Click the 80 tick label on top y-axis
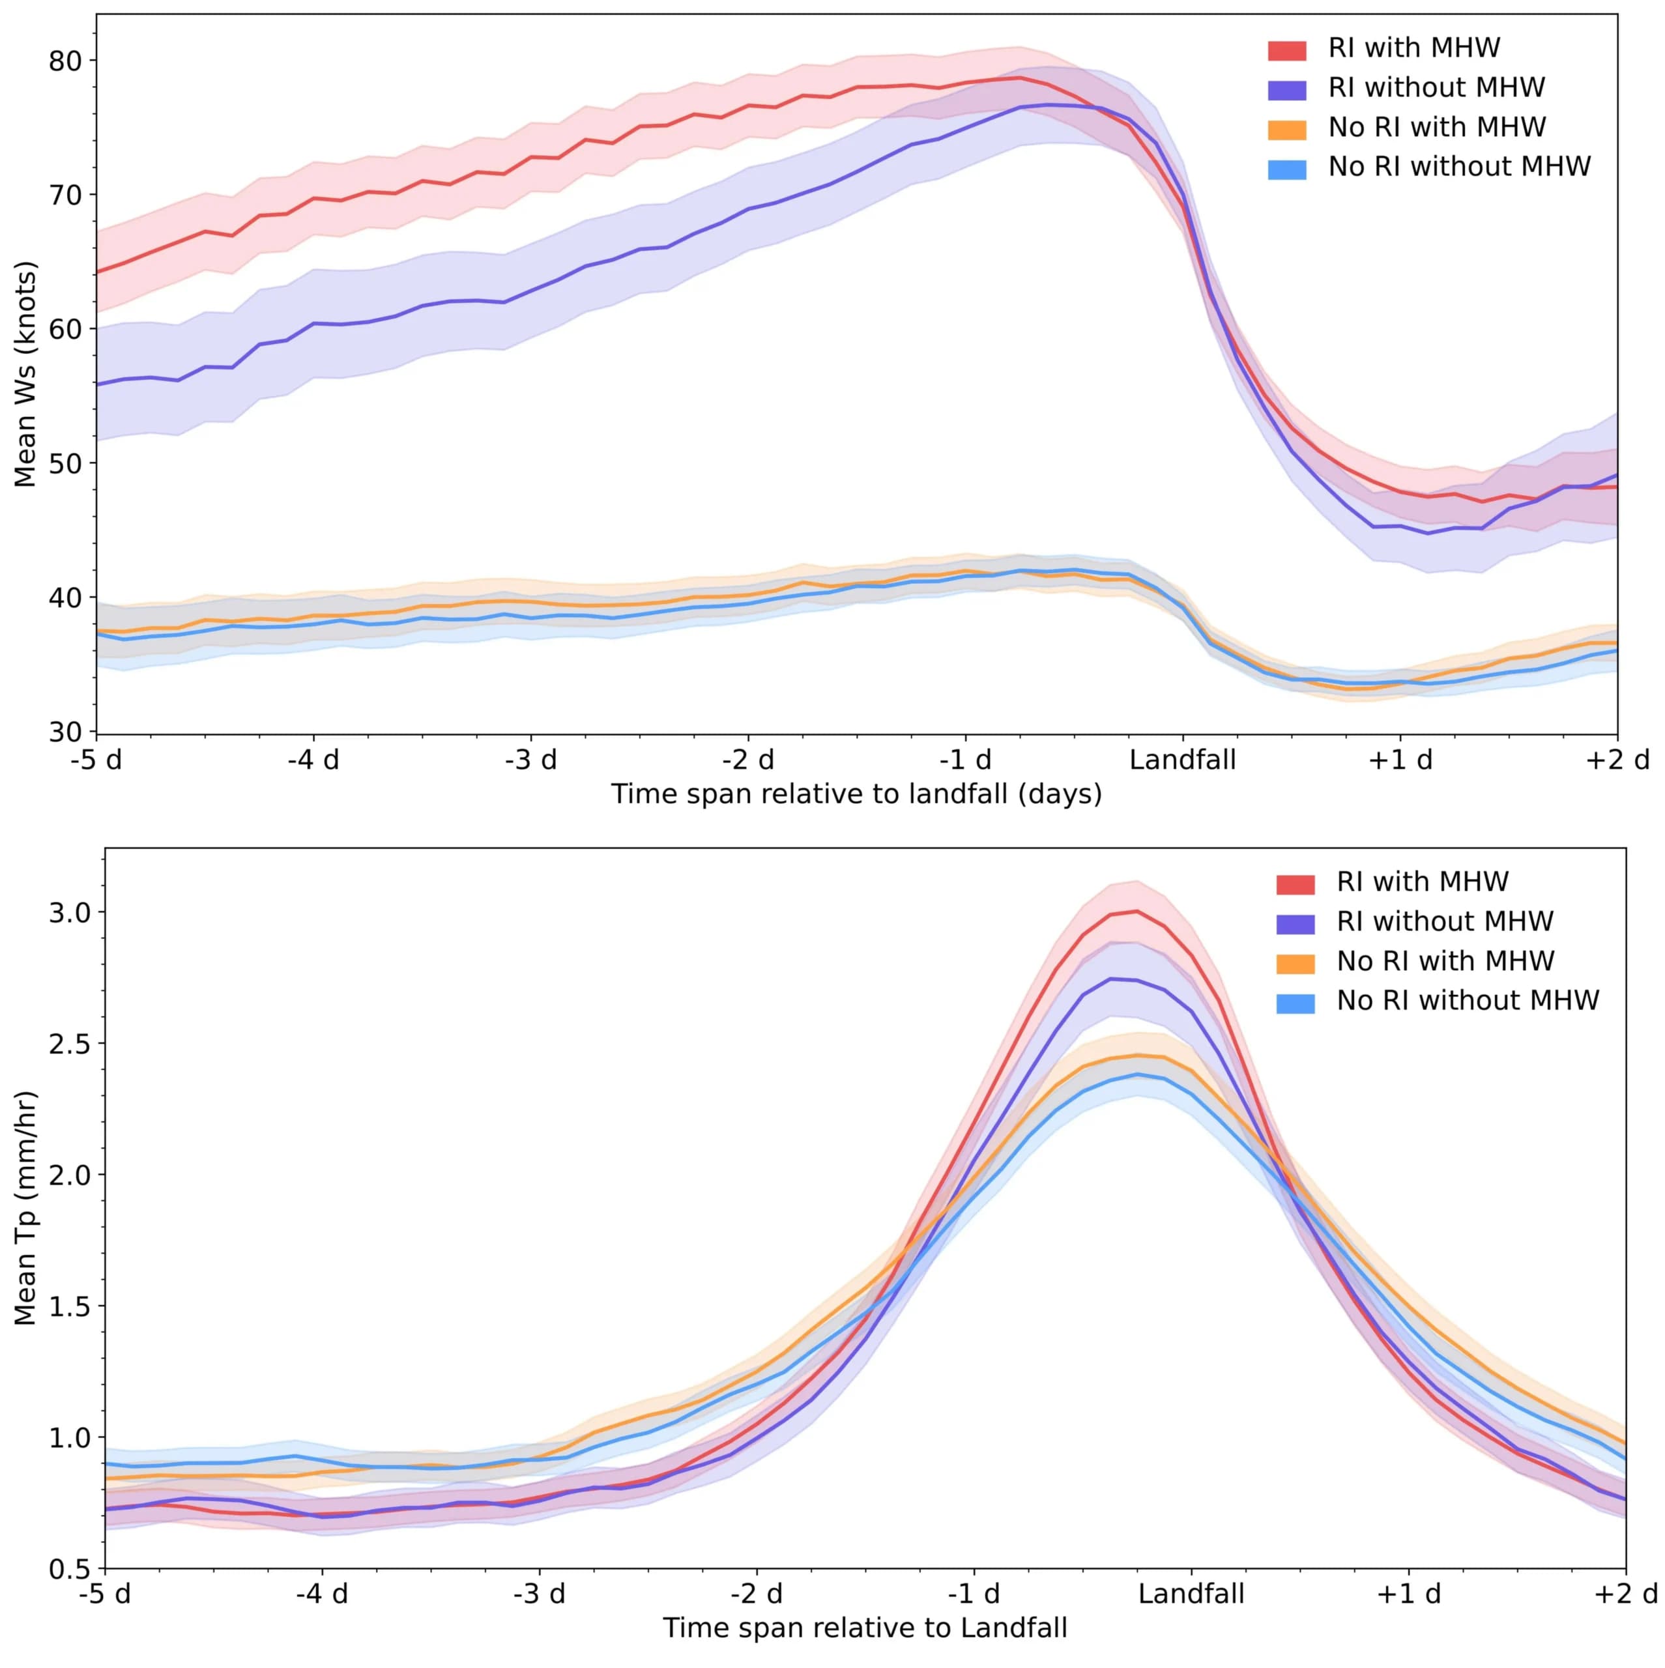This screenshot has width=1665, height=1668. pyautogui.click(x=65, y=61)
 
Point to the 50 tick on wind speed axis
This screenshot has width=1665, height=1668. pyautogui.click(x=65, y=463)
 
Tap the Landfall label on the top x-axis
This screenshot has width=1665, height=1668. pyautogui.click(x=1182, y=760)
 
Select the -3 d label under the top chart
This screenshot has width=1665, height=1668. pyautogui.click(x=530, y=760)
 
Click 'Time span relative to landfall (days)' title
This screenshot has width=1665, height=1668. pyautogui.click(x=856, y=794)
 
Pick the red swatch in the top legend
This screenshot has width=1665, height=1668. pyautogui.click(x=1286, y=50)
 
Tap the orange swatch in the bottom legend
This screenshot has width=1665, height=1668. pyautogui.click(x=1294, y=962)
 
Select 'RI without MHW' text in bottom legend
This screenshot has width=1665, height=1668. pyautogui.click(x=1445, y=921)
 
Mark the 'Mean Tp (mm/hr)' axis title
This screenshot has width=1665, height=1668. pyautogui.click(x=26, y=1209)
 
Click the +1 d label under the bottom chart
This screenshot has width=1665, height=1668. pyautogui.click(x=1408, y=1594)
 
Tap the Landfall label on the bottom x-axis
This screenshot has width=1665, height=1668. pyautogui.click(x=1191, y=1594)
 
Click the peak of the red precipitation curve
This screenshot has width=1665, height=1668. pyautogui.click(x=1137, y=911)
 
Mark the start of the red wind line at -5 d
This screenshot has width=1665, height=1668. pyautogui.click(x=98, y=272)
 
